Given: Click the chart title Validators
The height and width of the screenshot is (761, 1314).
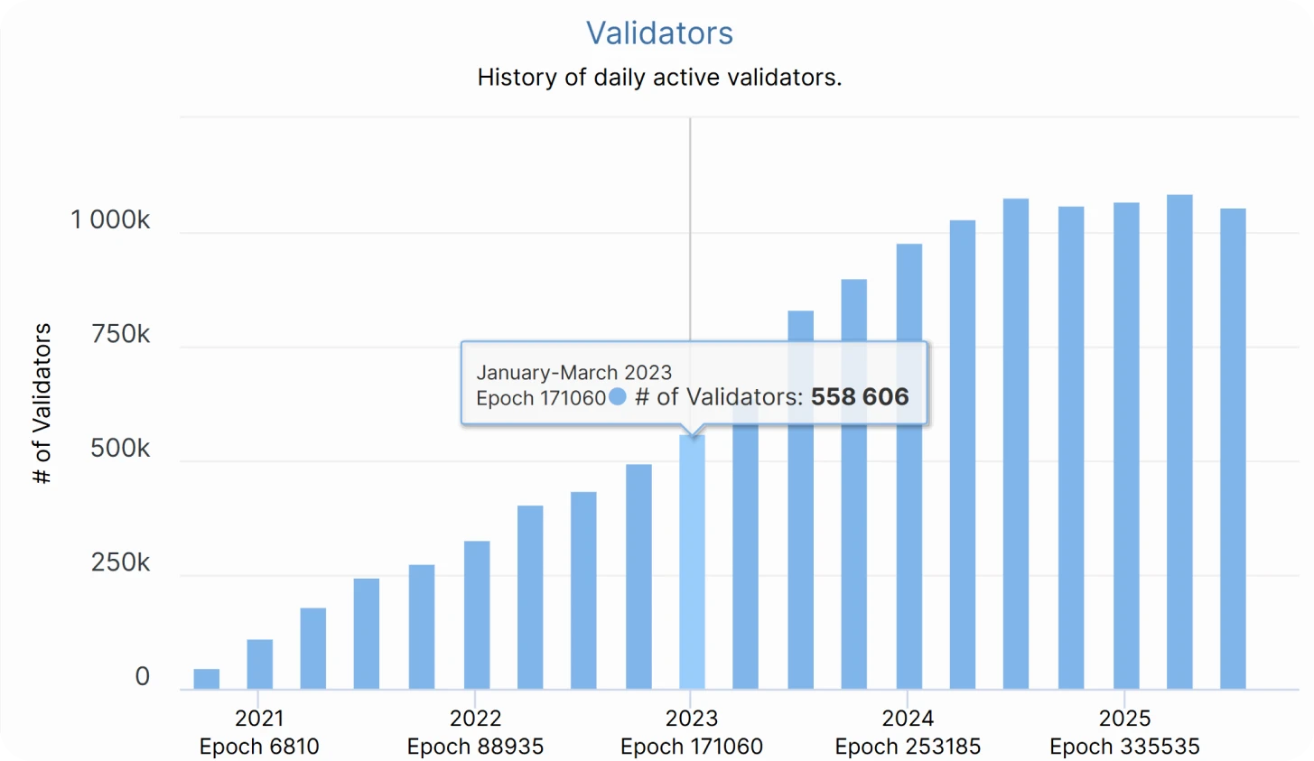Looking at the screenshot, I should tap(659, 33).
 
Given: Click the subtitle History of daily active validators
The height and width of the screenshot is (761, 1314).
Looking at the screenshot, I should tap(659, 78).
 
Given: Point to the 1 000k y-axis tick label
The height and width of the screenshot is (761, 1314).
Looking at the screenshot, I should tap(110, 220).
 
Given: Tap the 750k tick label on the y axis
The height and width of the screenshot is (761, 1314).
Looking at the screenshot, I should tap(120, 335).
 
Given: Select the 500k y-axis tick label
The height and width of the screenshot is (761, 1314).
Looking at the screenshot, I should tap(120, 449).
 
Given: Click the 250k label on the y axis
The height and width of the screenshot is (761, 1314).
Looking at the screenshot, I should tap(120, 563).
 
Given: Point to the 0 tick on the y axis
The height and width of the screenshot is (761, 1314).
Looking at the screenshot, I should tap(142, 677).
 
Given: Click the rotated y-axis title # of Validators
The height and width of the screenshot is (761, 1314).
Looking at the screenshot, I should tap(42, 404).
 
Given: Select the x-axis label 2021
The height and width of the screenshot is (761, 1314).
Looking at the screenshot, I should tap(259, 719).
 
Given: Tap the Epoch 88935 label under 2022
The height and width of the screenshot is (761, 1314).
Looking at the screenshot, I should tap(475, 747).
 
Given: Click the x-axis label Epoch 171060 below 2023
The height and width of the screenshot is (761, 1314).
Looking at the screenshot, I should tap(692, 747).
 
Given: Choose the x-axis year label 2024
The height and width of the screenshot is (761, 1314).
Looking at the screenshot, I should tap(908, 719).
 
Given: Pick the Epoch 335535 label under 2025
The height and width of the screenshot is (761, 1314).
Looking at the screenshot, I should tap(1124, 747).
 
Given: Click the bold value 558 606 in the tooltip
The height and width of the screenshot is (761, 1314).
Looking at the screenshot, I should tap(860, 397).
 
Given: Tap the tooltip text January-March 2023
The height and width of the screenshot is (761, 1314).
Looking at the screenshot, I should tap(574, 373).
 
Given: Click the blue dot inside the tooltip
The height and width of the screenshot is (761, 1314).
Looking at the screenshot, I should tap(618, 396).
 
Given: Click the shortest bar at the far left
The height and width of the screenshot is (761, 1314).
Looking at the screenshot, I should tap(207, 680).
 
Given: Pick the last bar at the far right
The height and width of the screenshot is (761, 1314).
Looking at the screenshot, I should tap(1233, 451).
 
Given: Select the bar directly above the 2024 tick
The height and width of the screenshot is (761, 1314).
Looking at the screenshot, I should tap(909, 469).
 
